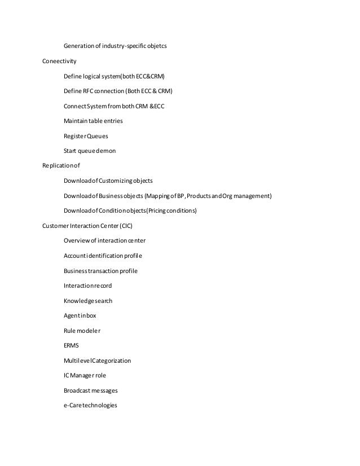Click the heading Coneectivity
click(x=60, y=61)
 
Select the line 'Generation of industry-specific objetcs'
click(x=115, y=46)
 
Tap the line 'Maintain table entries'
click(x=93, y=121)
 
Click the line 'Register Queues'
click(x=86, y=136)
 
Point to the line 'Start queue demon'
click(x=90, y=151)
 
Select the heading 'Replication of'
click(x=62, y=166)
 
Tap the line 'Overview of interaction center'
click(x=104, y=241)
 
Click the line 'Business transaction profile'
click(x=101, y=271)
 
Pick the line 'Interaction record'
click(x=88, y=286)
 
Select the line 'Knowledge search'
click(x=88, y=301)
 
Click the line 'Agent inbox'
click(x=80, y=316)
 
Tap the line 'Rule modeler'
click(x=82, y=331)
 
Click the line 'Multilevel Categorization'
click(x=98, y=361)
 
